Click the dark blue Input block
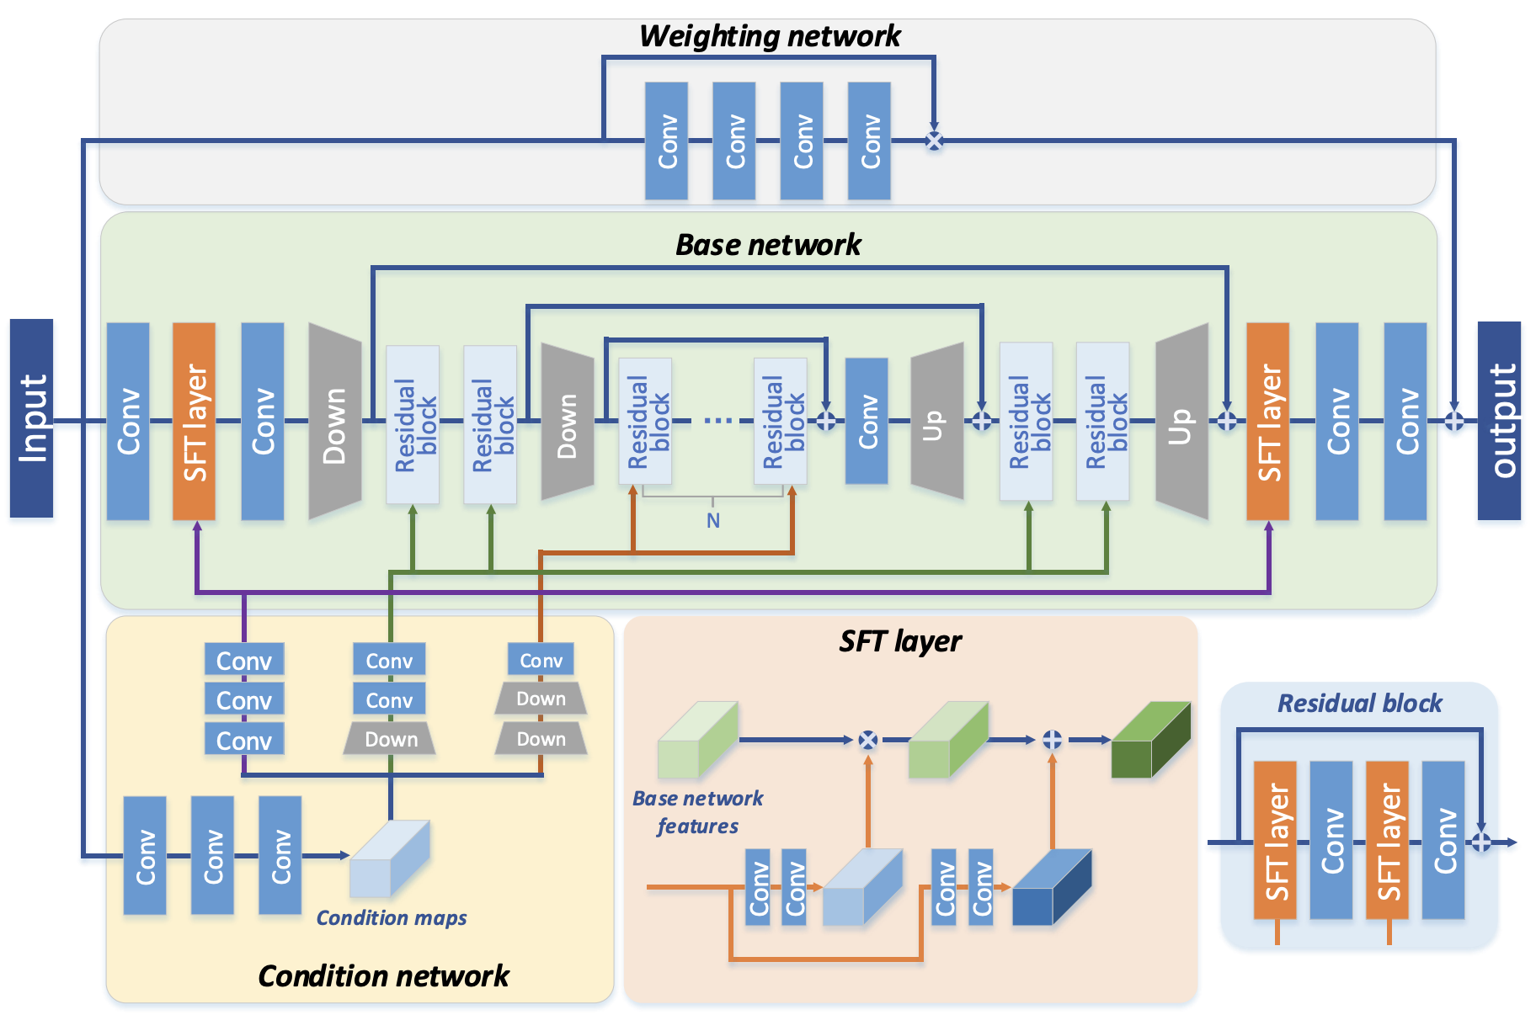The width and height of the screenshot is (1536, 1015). (31, 417)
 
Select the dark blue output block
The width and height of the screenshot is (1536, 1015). (1499, 420)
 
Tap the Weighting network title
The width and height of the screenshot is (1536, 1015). (769, 36)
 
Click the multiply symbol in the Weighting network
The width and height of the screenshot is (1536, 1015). (934, 141)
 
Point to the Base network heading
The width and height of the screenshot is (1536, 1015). (768, 245)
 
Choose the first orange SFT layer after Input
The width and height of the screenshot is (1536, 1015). (194, 421)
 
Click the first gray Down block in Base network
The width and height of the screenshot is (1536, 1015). (334, 421)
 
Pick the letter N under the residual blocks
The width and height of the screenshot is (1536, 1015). (713, 521)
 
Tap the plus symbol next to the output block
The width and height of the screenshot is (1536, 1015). (1454, 420)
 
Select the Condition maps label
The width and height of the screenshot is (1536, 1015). (391, 917)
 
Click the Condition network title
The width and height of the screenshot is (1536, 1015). (383, 975)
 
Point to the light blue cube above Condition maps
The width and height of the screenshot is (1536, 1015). (389, 858)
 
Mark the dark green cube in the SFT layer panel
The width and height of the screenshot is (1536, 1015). (1150, 740)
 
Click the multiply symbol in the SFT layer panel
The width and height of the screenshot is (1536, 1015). (867, 740)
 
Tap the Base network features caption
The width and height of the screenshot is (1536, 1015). (697, 812)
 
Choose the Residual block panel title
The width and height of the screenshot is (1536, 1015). (1359, 704)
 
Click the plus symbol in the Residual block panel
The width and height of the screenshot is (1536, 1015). (1480, 842)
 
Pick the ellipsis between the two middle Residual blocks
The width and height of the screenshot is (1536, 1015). (717, 420)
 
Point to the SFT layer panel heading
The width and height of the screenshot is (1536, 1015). (899, 641)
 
